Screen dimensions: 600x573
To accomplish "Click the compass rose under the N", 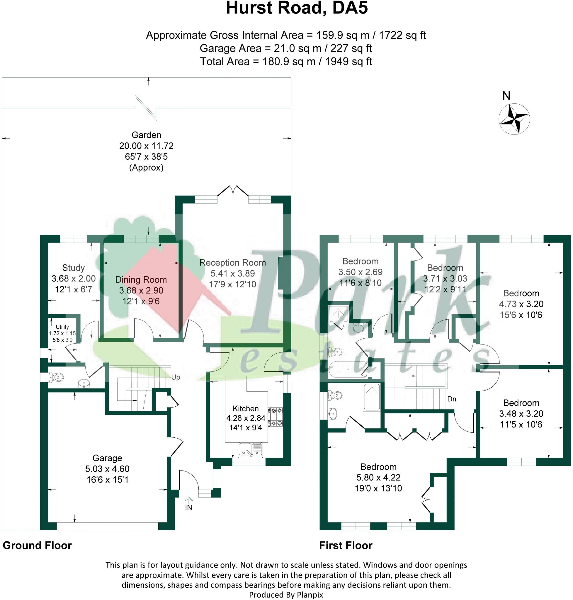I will [x=514, y=119].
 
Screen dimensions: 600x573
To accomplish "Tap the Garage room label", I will [x=107, y=458].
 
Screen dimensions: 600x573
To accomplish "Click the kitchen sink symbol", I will [x=250, y=450].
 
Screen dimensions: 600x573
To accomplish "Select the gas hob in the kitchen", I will [x=276, y=417].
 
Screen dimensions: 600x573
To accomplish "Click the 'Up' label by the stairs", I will [x=175, y=377].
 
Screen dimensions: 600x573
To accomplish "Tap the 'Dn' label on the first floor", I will [x=451, y=399].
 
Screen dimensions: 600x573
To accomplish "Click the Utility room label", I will [x=62, y=327].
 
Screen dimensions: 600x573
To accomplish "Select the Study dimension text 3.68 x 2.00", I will [x=73, y=279].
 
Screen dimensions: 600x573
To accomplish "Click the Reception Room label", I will [x=232, y=262].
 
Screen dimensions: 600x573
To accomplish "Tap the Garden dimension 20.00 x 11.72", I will [x=146, y=146].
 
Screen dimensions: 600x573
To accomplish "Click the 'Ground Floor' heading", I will [x=37, y=545].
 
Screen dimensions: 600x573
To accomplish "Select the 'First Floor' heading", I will [x=346, y=545].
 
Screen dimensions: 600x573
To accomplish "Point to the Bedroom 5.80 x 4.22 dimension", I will [x=378, y=478].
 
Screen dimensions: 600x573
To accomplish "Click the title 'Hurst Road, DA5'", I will [x=296, y=8].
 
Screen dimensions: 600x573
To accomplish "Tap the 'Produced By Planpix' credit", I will [x=286, y=594].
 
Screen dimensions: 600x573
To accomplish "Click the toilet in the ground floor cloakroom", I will [x=56, y=377].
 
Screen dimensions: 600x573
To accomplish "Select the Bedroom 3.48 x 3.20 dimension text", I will [x=521, y=414].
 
